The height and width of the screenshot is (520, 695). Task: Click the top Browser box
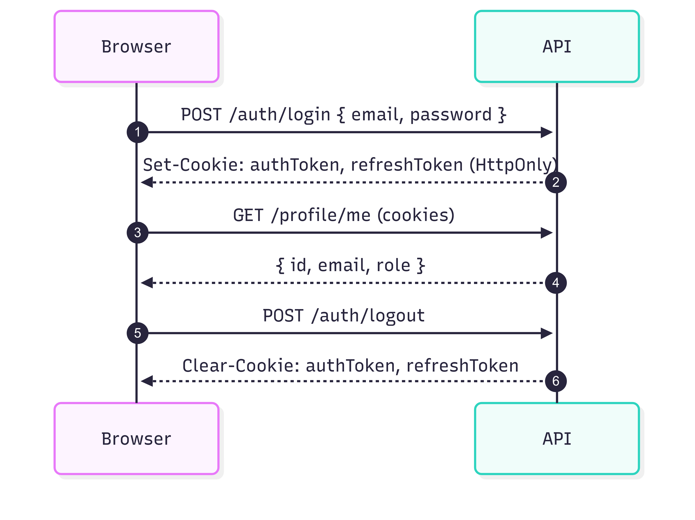pos(136,47)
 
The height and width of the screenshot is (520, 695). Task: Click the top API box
pos(557,47)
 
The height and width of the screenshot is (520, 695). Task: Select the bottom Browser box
pos(136,439)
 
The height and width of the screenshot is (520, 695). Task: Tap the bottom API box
pos(557,439)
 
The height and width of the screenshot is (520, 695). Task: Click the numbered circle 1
pos(137,132)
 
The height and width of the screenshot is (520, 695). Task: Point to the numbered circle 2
pos(556,182)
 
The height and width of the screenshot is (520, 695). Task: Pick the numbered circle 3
pos(137,233)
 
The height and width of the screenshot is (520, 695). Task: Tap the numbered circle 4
pos(556,283)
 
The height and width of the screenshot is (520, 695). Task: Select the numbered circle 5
pos(137,333)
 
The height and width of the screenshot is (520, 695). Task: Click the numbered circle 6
pos(556,381)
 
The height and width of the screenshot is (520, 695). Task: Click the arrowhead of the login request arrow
pos(547,132)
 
